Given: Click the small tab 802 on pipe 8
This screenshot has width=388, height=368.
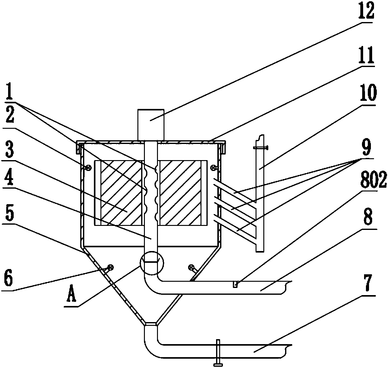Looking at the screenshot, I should [235, 284].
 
